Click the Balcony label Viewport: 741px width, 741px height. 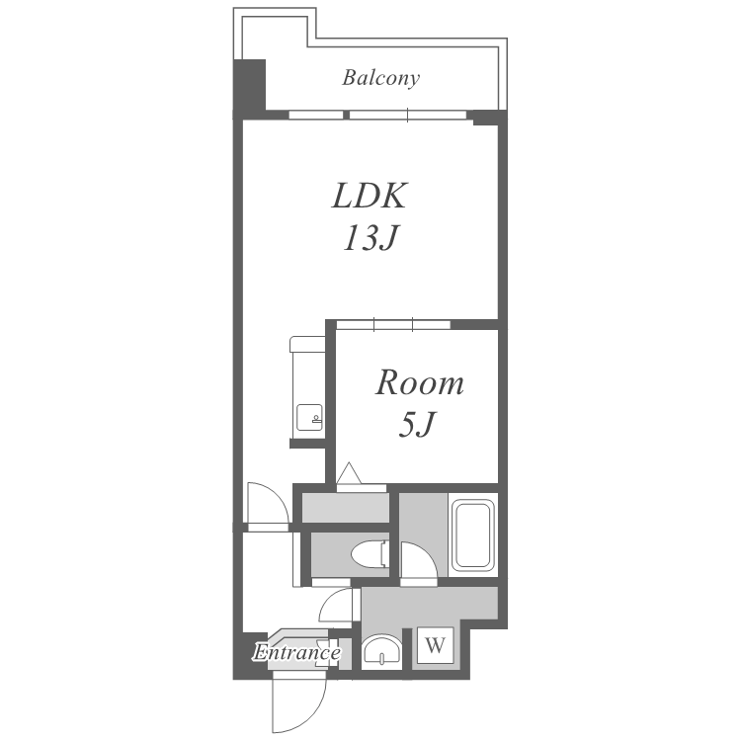381,78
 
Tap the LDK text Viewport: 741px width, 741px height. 370,196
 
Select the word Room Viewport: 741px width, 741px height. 420,382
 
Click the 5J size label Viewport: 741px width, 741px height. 416,424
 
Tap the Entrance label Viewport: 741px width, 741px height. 296,653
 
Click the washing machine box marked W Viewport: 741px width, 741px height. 436,644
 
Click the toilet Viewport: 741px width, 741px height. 370,554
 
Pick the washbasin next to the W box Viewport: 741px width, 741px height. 381,651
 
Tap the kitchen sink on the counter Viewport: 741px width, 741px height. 309,417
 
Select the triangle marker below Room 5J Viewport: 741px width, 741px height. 349,473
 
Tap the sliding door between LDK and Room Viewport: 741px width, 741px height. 393,325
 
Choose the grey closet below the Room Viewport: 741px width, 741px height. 346,508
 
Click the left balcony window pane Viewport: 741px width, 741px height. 316,115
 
